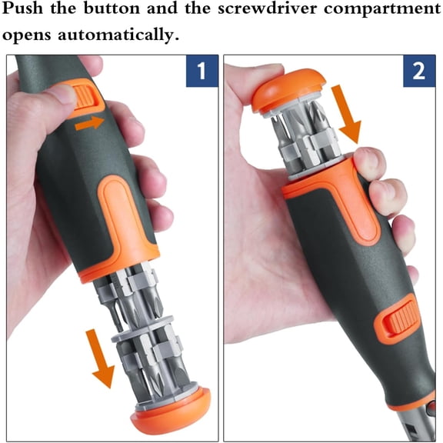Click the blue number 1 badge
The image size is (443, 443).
(x=201, y=72)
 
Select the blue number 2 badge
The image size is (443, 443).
(x=418, y=72)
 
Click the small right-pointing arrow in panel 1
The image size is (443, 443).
(x=91, y=121)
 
